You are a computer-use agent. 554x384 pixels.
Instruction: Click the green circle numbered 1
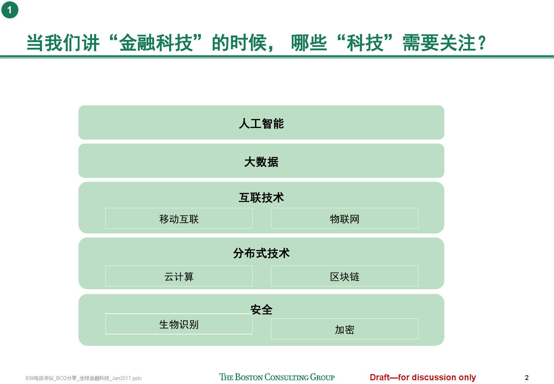[10, 10]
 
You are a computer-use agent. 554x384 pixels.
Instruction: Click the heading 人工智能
[261, 123]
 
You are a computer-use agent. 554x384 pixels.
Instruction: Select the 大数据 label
[261, 162]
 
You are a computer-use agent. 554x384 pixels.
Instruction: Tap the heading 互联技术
[261, 198]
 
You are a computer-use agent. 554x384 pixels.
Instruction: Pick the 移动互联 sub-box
[179, 218]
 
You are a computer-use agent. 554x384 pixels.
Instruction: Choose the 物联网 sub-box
[345, 218]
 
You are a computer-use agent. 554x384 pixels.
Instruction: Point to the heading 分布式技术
[261, 253]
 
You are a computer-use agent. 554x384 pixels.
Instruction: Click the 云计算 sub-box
[179, 276]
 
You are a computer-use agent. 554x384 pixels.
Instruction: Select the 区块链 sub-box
[345, 276]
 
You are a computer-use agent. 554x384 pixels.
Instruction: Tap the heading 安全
[261, 310]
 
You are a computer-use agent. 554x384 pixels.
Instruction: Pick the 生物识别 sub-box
[179, 324]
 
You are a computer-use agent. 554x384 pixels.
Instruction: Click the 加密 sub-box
[345, 329]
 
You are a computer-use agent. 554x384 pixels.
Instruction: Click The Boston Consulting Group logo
[277, 377]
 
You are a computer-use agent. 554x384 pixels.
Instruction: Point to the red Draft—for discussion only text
[423, 377]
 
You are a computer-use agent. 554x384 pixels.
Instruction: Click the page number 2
[526, 378]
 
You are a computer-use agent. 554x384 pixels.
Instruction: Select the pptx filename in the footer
[84, 378]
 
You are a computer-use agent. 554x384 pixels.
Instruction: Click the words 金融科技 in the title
[156, 43]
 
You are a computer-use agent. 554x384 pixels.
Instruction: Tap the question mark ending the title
[482, 43]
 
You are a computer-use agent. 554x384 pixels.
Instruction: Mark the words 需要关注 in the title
[439, 43]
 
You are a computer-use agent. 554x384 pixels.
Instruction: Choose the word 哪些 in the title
[309, 43]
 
